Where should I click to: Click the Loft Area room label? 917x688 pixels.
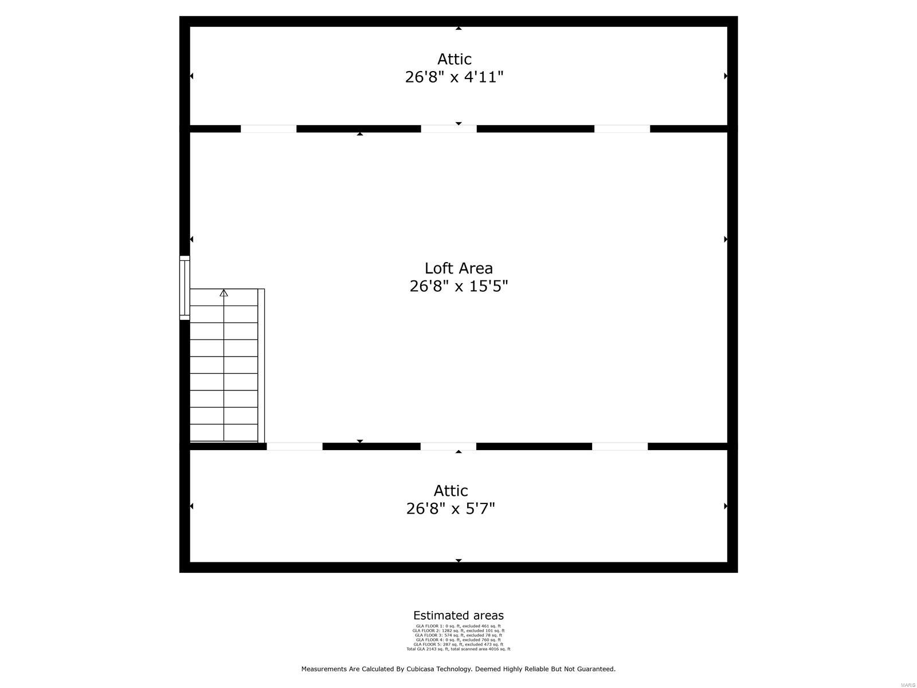click(x=458, y=268)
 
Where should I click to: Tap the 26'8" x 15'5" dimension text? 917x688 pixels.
click(x=458, y=286)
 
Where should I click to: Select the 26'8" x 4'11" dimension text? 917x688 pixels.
click(x=454, y=77)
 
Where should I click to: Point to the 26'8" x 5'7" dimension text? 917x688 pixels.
click(x=450, y=509)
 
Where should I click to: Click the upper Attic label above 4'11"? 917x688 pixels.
click(x=454, y=59)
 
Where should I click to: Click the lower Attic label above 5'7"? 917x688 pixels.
click(x=450, y=491)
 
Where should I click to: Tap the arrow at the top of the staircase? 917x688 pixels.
click(x=224, y=293)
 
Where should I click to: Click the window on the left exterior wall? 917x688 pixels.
click(x=185, y=287)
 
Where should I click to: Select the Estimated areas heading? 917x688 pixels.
click(x=458, y=616)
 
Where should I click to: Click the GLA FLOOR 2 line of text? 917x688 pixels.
click(x=458, y=631)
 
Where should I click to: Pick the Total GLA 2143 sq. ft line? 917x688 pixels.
click(x=458, y=649)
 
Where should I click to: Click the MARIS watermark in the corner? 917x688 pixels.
click(x=907, y=685)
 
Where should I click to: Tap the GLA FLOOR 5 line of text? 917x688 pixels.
click(x=458, y=644)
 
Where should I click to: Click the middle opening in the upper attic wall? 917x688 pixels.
click(x=449, y=129)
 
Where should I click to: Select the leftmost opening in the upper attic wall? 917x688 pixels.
click(x=268, y=129)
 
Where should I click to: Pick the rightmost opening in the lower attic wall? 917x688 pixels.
click(x=620, y=446)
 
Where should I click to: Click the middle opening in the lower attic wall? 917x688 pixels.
click(x=448, y=446)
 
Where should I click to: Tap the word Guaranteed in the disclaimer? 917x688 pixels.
click(x=596, y=669)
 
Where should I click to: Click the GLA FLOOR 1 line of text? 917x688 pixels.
click(x=458, y=626)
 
